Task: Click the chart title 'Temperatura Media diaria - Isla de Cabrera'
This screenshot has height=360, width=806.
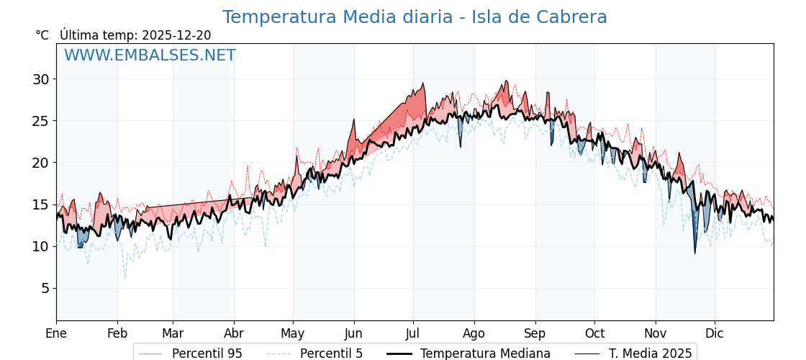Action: click(x=415, y=17)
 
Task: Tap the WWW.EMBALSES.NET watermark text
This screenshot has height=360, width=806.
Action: click(x=150, y=55)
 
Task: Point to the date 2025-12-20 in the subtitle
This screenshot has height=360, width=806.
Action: click(x=176, y=35)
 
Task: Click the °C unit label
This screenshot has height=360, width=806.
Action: click(x=42, y=35)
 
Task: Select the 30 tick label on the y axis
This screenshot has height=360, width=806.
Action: click(x=40, y=79)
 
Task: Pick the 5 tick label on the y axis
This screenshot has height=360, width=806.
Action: click(x=45, y=288)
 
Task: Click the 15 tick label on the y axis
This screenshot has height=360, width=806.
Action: click(x=40, y=204)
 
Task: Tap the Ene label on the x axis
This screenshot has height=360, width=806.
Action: click(x=56, y=333)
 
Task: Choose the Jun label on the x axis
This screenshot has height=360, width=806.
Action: click(x=353, y=333)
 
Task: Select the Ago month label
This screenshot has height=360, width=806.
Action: click(x=474, y=333)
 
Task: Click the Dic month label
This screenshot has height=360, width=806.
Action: click(x=715, y=333)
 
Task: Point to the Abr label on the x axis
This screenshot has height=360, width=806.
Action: click(x=234, y=333)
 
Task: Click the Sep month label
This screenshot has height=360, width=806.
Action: click(x=535, y=333)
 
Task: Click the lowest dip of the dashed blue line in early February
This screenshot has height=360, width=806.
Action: click(x=125, y=278)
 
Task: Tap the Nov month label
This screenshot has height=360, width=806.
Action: click(x=656, y=333)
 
